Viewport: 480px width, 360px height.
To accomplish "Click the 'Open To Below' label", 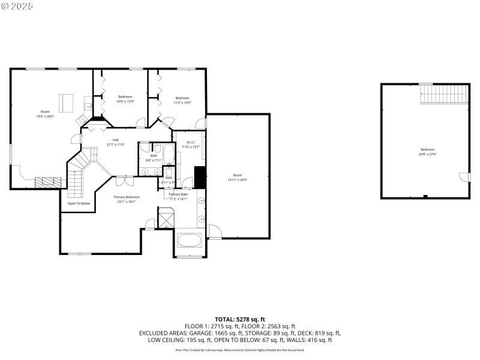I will [79, 203].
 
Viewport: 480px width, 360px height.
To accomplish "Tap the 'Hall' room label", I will [115, 140].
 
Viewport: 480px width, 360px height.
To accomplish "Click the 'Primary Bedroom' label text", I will [128, 197].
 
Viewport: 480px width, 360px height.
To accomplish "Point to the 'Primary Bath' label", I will [178, 194].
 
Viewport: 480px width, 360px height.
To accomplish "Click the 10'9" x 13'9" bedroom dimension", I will [125, 101].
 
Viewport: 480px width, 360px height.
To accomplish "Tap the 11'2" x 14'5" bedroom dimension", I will [182, 103].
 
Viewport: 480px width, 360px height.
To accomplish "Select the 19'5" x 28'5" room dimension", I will [45, 116].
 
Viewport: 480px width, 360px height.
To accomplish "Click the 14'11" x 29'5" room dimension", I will [238, 179].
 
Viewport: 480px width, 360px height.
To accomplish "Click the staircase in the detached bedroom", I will [444, 93].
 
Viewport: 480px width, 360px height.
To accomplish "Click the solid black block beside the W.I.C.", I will [200, 178].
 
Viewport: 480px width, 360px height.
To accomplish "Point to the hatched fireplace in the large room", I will [47, 182].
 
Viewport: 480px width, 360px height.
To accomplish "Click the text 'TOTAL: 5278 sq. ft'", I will [239, 319].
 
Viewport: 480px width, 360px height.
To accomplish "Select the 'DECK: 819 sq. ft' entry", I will [320, 333].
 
